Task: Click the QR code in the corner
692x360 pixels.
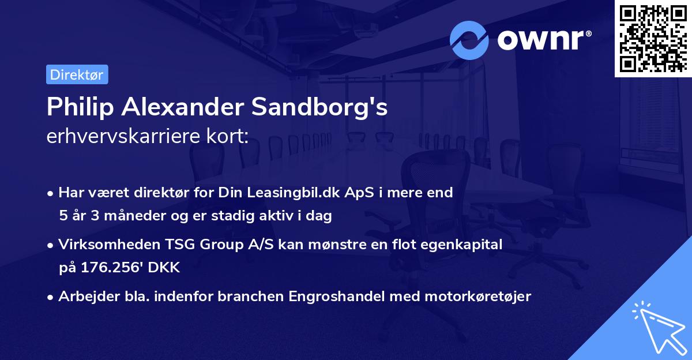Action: [x=653, y=38]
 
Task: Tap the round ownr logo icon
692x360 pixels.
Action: [x=469, y=40]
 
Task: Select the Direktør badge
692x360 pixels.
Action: [x=77, y=74]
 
